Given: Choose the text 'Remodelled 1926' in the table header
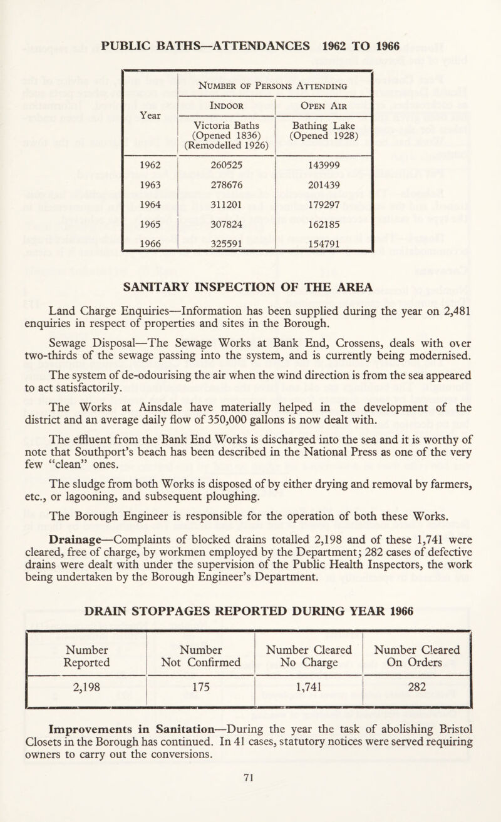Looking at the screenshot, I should tap(223, 150).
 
